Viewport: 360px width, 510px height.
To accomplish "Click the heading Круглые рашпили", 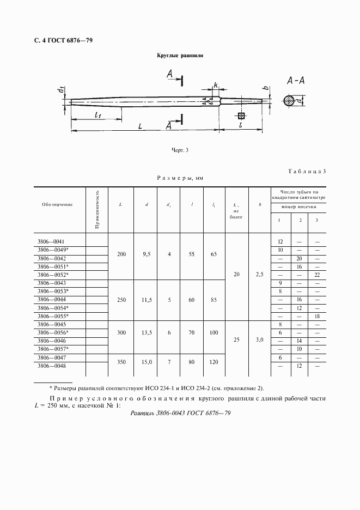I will tap(180, 56).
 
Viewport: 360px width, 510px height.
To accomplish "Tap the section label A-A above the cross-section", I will tap(295, 81).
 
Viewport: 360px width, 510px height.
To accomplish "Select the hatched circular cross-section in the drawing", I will tap(291, 101).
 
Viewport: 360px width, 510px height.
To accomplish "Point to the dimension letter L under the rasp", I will tap(140, 126).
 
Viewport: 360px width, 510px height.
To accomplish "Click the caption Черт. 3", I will tap(180, 150).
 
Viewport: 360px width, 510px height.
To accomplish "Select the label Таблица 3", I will tap(307, 172).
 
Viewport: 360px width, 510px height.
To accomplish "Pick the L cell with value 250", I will tap(121, 300).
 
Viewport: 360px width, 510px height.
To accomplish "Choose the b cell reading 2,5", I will tap(259, 275).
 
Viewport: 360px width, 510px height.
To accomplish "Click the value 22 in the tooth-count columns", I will tap(316, 275).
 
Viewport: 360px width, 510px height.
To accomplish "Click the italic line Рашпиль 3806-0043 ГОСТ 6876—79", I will tap(181, 414).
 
